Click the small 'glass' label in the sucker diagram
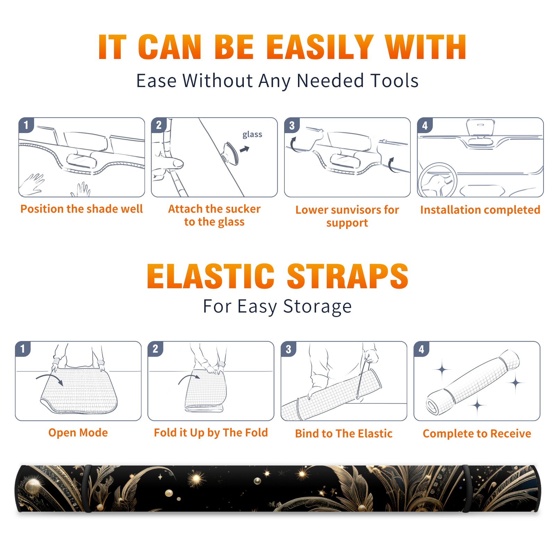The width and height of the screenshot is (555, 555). [252, 135]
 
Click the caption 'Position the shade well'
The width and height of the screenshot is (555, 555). [82, 209]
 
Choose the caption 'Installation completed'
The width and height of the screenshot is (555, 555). [480, 210]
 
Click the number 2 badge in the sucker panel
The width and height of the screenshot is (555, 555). [159, 125]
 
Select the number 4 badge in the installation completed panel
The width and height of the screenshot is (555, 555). [425, 125]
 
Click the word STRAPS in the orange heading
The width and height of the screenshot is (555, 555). [348, 276]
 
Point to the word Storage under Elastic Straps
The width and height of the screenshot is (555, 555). [317, 307]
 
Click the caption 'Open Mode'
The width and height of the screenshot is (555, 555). [78, 433]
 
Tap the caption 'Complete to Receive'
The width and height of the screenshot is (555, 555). [477, 434]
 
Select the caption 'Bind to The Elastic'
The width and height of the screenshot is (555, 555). [344, 434]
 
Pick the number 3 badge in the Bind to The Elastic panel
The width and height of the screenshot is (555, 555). [288, 349]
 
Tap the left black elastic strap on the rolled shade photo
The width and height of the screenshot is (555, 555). [87, 488]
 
